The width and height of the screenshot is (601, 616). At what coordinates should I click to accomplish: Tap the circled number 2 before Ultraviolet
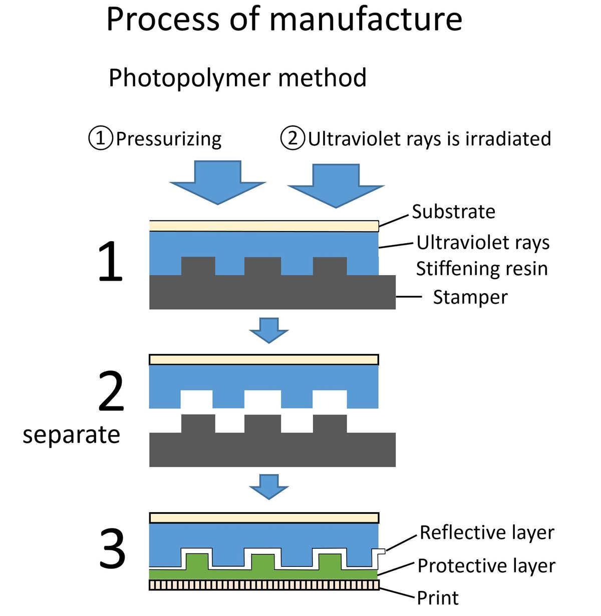292,138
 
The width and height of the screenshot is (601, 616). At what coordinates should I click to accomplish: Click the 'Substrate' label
453,212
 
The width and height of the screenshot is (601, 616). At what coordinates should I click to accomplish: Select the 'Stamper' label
470,297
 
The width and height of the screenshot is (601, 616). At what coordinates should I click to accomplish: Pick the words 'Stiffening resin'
481,269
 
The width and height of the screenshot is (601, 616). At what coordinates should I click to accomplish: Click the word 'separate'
71,435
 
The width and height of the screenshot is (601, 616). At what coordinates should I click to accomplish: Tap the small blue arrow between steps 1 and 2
269,330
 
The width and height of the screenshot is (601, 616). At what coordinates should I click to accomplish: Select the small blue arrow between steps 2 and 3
269,486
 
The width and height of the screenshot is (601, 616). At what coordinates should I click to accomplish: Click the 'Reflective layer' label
486,532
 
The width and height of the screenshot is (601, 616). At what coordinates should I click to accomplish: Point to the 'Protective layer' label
486,566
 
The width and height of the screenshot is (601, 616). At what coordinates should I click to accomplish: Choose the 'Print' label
438,597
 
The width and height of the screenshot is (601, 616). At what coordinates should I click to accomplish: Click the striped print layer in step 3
264,585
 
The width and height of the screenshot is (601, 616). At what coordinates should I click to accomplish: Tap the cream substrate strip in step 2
264,359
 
